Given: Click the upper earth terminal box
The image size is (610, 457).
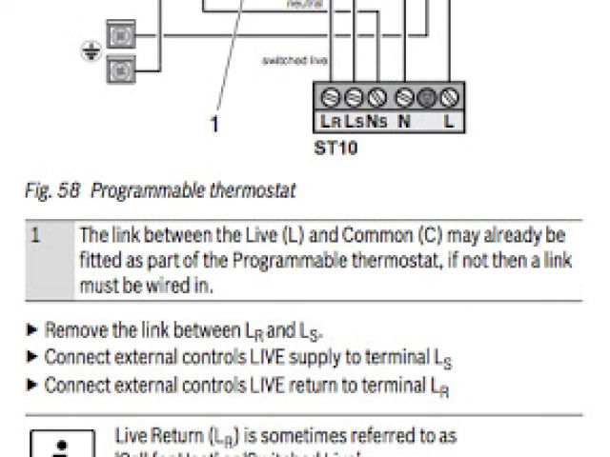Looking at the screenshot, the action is pyautogui.click(x=122, y=35).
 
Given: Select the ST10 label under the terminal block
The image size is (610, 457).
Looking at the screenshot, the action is pyautogui.click(x=335, y=149).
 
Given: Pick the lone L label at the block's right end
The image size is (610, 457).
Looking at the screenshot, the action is pyautogui.click(x=448, y=121).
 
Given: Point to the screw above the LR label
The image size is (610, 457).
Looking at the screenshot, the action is pyautogui.click(x=331, y=96).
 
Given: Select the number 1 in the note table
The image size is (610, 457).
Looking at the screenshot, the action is pyautogui.click(x=35, y=234).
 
